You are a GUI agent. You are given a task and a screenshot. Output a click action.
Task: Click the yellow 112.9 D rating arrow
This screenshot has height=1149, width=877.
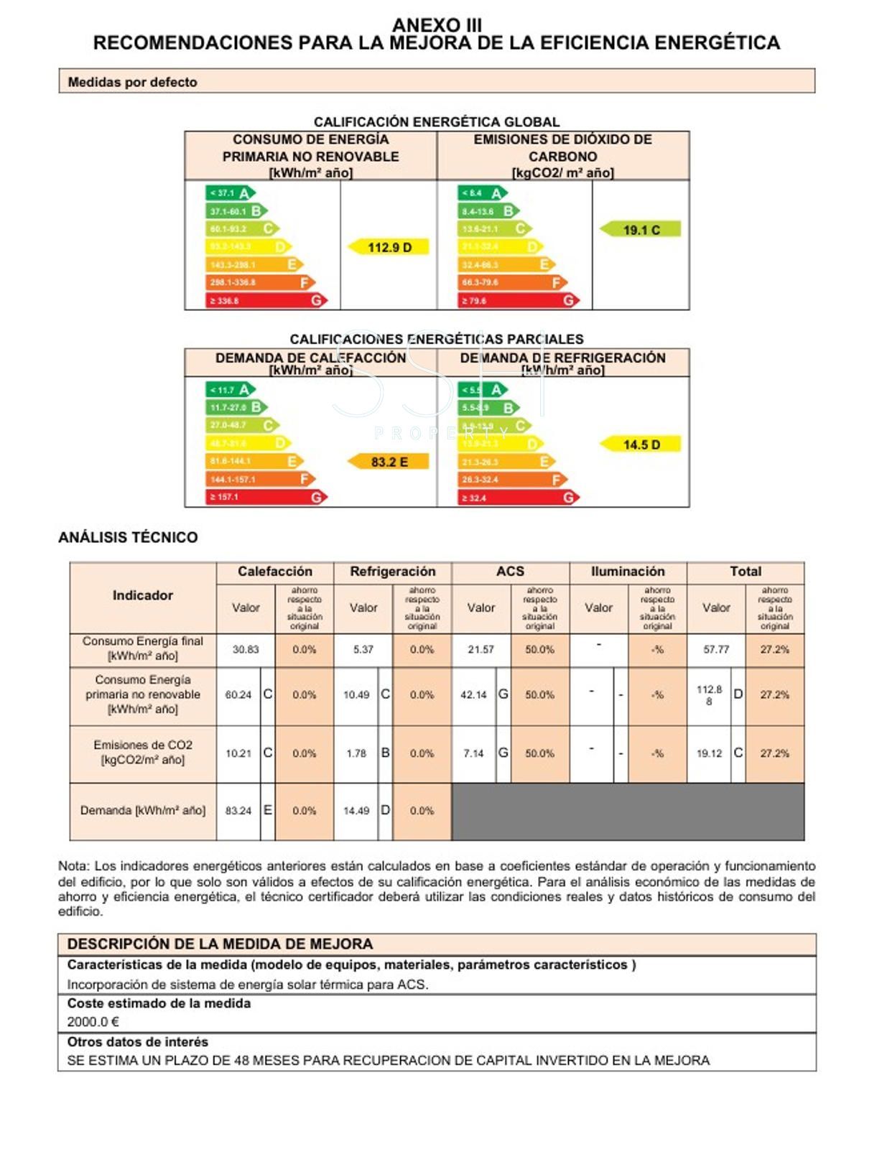point(389,247)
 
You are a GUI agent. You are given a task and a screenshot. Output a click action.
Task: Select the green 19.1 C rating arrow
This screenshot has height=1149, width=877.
point(640,230)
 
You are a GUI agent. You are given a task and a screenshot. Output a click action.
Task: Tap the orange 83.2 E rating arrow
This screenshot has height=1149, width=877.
point(389,462)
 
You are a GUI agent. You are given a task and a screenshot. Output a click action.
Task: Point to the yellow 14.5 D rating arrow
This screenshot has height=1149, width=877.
point(640,445)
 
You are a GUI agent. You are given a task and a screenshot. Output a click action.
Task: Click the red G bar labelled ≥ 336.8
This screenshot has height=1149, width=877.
point(266,300)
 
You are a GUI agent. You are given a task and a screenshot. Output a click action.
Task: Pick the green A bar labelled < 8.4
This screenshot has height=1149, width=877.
point(482,193)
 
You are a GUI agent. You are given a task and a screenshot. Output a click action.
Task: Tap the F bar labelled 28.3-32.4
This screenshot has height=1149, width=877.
point(512,479)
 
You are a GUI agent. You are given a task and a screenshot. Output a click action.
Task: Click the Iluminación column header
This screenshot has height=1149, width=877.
point(628,572)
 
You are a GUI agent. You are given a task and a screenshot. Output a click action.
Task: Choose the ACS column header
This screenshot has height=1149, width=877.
point(510,572)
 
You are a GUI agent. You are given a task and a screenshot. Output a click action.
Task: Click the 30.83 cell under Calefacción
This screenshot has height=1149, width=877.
point(246,649)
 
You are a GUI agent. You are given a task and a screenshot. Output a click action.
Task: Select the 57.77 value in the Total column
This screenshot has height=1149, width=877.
point(716,649)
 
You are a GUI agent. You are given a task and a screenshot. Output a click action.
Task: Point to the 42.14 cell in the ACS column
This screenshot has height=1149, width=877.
point(473,695)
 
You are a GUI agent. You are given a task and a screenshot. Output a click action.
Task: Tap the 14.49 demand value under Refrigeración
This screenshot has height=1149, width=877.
point(356,811)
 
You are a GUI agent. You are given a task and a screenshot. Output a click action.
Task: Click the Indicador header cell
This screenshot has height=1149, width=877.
point(142,595)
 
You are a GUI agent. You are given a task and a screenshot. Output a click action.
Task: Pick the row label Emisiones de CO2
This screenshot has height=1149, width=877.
point(143,745)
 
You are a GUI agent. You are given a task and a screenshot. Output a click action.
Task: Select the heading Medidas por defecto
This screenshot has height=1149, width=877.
point(132,82)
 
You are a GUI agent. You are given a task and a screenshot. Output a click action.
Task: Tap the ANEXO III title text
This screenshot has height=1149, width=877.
point(437,25)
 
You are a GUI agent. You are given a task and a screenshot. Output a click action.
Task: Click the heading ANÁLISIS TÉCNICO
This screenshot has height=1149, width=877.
point(128,537)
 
